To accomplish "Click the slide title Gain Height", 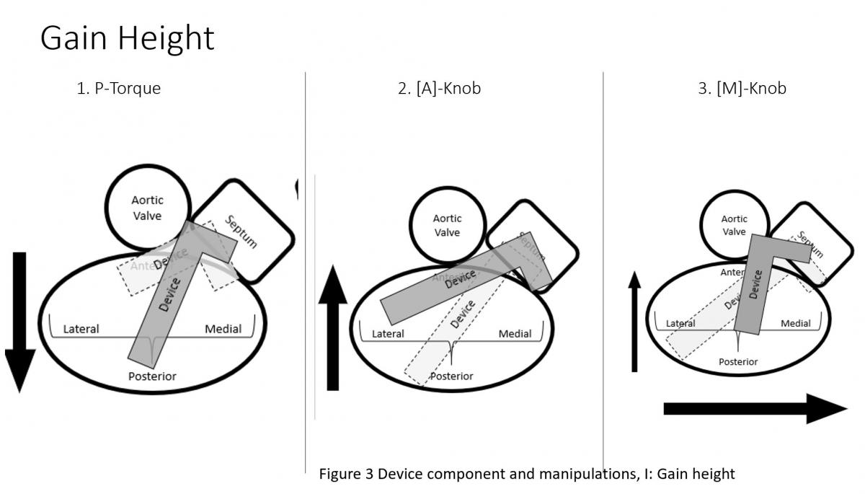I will click(x=127, y=38).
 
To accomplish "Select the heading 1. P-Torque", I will click(x=118, y=89).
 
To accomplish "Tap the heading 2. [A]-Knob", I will click(x=439, y=89).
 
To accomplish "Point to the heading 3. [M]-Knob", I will click(x=742, y=89).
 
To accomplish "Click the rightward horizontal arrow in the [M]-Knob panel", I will click(x=754, y=409).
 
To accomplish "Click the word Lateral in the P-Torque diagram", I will click(x=81, y=329).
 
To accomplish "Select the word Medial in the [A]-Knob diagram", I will click(x=515, y=333).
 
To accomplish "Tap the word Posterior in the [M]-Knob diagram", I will click(x=738, y=361).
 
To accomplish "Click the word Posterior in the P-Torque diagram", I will click(x=152, y=376).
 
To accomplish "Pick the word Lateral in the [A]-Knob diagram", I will click(x=388, y=333).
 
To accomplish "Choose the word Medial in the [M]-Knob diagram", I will click(x=796, y=323).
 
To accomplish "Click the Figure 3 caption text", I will click(x=526, y=474).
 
